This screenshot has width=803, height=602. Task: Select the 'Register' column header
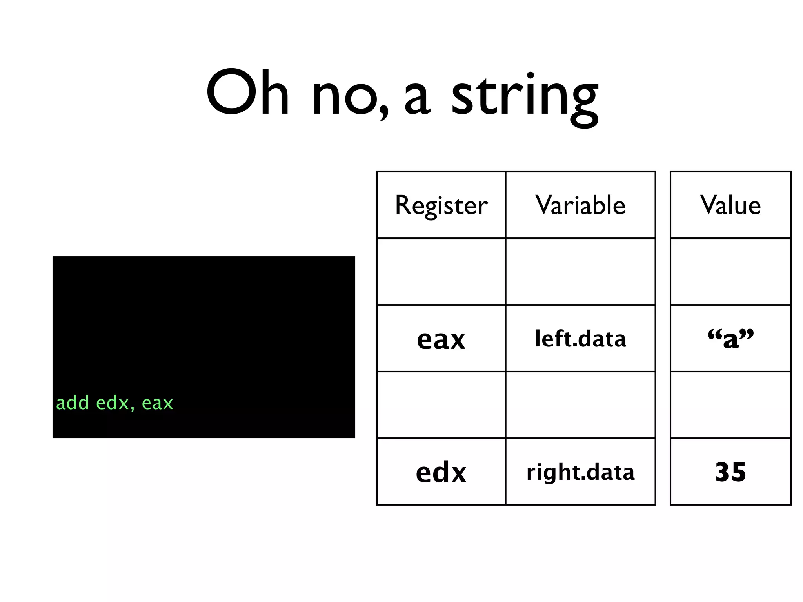441,205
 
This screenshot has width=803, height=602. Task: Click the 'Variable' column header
580,205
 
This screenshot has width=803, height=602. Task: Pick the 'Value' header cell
730,205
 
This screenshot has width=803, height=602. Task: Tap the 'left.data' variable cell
580,339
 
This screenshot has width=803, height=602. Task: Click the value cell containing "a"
730,339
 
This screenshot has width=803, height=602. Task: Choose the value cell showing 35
730,472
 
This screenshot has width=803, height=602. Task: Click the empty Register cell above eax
441,272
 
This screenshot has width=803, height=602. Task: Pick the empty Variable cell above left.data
580,272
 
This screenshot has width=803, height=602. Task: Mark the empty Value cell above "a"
730,272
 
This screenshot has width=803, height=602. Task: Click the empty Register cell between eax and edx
441,405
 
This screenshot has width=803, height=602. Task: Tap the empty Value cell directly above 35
730,405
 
